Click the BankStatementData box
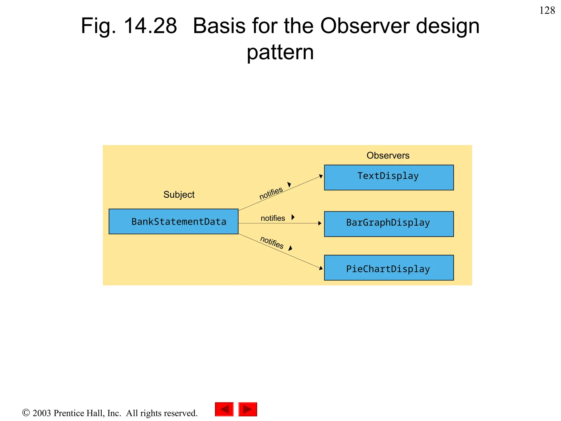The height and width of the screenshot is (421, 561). pyautogui.click(x=173, y=221)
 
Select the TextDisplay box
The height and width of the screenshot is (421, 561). pyautogui.click(x=389, y=177)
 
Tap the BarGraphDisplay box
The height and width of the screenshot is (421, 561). pyautogui.click(x=389, y=224)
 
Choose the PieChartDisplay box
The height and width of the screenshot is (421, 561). pyautogui.click(x=389, y=268)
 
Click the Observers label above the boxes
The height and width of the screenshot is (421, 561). pyautogui.click(x=388, y=155)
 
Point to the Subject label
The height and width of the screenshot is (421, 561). pyautogui.click(x=179, y=195)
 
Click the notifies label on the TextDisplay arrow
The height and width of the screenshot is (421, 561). pyautogui.click(x=271, y=193)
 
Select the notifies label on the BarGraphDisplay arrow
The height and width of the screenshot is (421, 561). pyautogui.click(x=273, y=218)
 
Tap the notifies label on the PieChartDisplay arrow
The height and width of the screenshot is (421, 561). pyautogui.click(x=272, y=242)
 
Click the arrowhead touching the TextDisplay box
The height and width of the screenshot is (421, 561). pyautogui.click(x=321, y=176)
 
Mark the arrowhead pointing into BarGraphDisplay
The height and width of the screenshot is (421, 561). pyautogui.click(x=320, y=223)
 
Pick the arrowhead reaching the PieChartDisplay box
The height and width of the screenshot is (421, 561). pyautogui.click(x=321, y=268)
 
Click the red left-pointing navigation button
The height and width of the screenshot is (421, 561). pyautogui.click(x=224, y=409)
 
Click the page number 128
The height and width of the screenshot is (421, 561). pyautogui.click(x=547, y=10)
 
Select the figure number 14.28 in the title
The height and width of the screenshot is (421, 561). pyautogui.click(x=150, y=26)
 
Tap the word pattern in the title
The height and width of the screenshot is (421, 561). pyautogui.click(x=280, y=52)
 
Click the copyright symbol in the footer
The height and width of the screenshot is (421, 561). pyautogui.click(x=26, y=413)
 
